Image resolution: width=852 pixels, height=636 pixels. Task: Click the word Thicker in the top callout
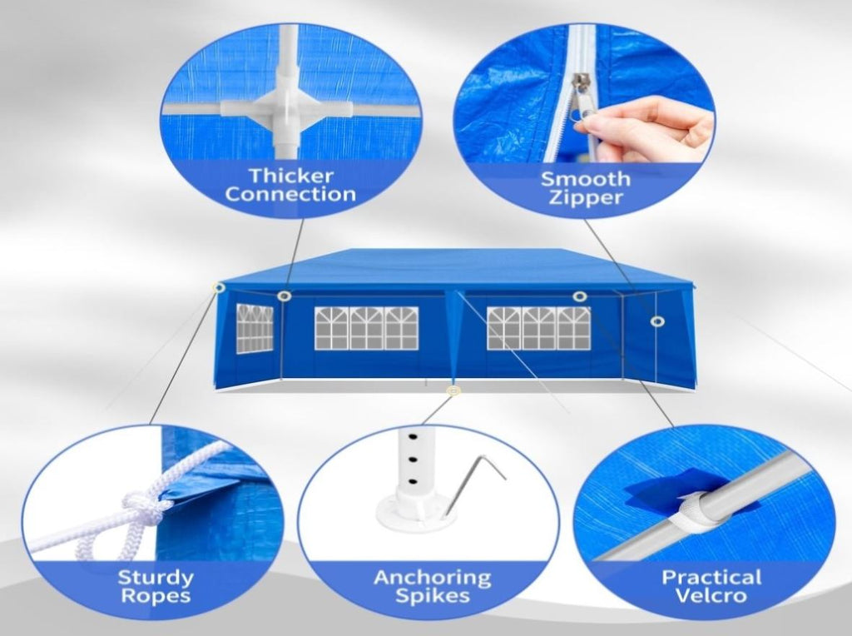[290, 176]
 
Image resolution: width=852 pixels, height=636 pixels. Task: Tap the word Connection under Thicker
[290, 194]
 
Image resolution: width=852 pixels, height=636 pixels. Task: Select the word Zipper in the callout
[585, 196]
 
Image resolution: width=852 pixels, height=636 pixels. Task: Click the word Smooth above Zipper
[585, 178]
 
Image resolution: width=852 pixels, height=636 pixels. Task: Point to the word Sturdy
[156, 577]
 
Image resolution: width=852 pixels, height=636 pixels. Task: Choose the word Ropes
[156, 596]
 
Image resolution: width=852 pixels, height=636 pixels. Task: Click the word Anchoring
[433, 577]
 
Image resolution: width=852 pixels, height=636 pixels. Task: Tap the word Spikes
[433, 596]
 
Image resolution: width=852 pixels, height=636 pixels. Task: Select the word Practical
[711, 576]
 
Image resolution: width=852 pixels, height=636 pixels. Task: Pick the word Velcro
[711, 594]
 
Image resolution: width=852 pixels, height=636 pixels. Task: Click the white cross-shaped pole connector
[286, 106]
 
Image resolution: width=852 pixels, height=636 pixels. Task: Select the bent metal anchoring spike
[473, 484]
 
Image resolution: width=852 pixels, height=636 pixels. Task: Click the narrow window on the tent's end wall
[255, 328]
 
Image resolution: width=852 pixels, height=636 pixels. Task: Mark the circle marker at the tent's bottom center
[453, 390]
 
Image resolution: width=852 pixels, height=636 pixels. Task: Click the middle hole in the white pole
[414, 460]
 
